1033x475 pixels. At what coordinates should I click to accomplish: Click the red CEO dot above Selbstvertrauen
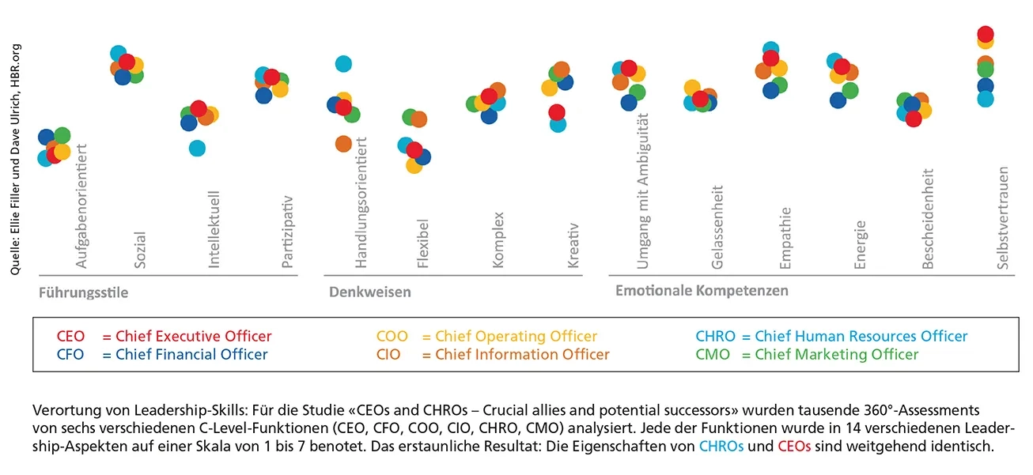coord(986,34)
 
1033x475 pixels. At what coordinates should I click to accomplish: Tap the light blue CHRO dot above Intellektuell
coord(197,148)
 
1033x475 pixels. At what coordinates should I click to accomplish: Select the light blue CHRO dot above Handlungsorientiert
coord(343,64)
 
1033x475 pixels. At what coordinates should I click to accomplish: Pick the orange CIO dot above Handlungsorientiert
coord(343,144)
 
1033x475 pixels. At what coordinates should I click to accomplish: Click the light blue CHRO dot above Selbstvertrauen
coord(986,99)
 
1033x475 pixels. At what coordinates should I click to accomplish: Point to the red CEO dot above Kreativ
coord(557,112)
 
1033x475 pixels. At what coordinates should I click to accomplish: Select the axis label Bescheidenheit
coord(929,219)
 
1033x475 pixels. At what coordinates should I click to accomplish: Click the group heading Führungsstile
coord(83,292)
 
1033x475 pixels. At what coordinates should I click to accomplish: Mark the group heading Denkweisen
coord(370,292)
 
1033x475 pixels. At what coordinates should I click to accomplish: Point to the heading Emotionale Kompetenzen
coord(702,291)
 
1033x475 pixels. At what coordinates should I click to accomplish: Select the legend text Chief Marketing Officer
coord(836,355)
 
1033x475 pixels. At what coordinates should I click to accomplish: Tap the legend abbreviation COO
coord(392,337)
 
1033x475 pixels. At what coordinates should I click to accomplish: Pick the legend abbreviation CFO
coord(71,355)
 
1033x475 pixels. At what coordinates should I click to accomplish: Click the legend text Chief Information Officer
coord(522,355)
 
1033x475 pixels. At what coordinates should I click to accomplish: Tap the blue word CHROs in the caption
coord(721,447)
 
